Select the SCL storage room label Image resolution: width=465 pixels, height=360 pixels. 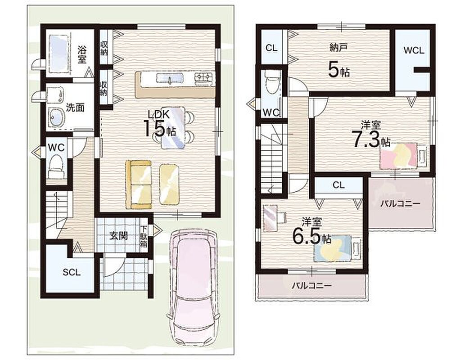72,272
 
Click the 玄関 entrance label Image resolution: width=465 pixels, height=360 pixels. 119,236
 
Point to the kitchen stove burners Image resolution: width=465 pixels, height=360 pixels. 204,78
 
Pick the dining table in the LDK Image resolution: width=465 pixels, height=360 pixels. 173,127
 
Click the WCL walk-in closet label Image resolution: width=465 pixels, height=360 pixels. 414,50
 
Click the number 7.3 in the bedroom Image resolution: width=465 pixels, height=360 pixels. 366,139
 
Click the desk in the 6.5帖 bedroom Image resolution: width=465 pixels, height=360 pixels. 270,218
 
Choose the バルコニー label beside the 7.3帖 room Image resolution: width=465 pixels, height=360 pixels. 400,203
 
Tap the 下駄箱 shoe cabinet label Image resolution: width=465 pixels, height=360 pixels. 144,237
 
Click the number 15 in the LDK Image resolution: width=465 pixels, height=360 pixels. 154,128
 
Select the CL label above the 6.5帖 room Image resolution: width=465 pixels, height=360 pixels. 339,185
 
